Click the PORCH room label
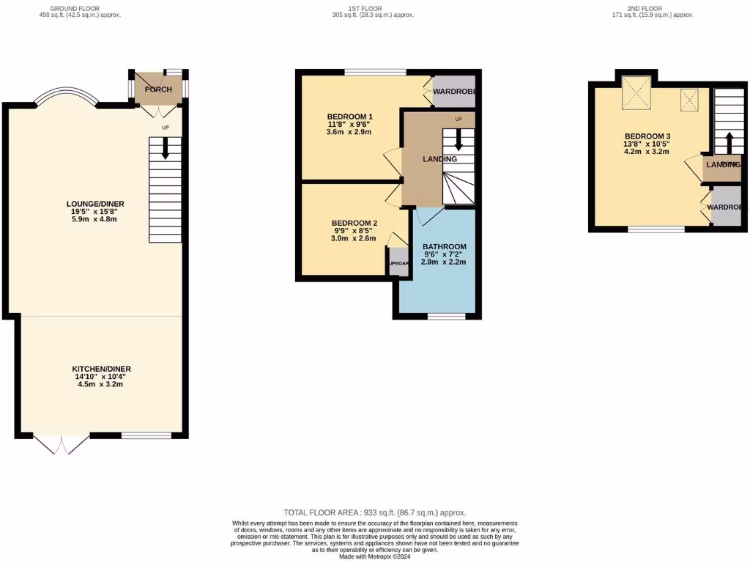point(158,89)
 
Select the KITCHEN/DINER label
point(101,369)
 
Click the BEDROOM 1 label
point(349,117)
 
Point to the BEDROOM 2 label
point(354,223)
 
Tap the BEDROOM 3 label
point(647,136)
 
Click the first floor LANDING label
point(440,159)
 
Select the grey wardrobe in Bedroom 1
point(453,92)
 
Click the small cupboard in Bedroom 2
point(398,262)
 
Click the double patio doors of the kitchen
point(62,444)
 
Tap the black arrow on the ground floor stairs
point(165,149)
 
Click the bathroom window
point(446,317)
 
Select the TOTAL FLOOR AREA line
point(374,512)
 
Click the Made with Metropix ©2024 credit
point(374,556)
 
